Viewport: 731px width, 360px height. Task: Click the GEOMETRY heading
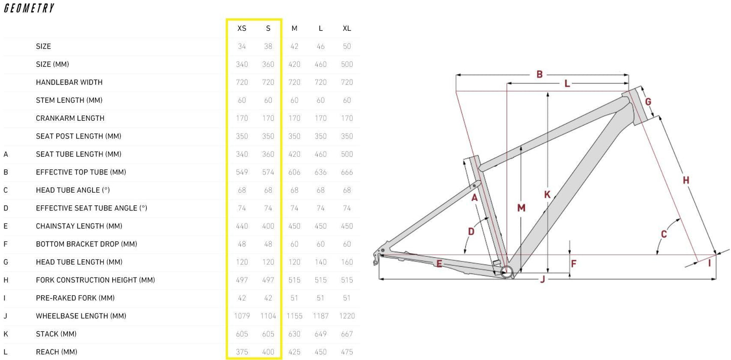coord(29,8)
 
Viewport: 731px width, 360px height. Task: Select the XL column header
coord(347,28)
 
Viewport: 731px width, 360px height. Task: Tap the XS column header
coord(242,28)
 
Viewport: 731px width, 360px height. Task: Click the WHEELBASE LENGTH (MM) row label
coord(81,316)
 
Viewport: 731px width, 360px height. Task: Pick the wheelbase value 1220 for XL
coord(347,316)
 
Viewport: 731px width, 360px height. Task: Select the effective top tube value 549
coord(242,172)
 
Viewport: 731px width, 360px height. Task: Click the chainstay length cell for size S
coord(268,226)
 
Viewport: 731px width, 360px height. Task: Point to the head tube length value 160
coord(347,262)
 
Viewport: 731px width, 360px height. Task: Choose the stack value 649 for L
coord(320,334)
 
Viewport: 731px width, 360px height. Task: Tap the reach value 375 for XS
coord(242,352)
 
